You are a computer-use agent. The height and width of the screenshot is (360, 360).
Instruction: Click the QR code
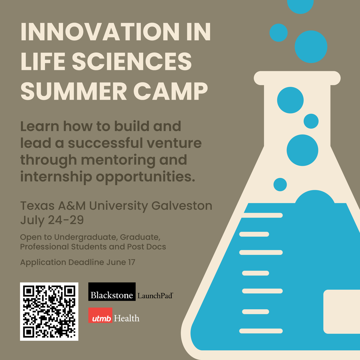click(x=49, y=311)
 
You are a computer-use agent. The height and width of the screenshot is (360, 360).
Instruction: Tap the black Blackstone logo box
click(x=112, y=292)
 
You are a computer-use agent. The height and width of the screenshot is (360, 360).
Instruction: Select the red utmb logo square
click(x=100, y=315)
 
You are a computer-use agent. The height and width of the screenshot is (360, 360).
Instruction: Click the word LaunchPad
click(x=155, y=296)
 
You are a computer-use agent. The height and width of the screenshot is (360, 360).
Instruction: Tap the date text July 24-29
click(x=52, y=220)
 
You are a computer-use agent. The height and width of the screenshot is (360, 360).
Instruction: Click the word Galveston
click(x=182, y=206)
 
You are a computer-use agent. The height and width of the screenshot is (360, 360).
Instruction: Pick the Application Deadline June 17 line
click(x=78, y=262)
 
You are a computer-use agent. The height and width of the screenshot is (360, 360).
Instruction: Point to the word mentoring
click(x=118, y=160)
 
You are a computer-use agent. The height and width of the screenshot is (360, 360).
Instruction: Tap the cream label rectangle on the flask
click(x=341, y=312)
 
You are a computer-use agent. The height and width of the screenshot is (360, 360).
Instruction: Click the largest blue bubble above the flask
click(x=311, y=47)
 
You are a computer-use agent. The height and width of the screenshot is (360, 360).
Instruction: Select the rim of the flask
click(x=297, y=78)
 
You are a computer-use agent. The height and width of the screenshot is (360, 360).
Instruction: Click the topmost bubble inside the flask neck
click(x=290, y=100)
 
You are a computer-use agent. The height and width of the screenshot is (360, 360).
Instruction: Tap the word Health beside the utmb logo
click(x=127, y=318)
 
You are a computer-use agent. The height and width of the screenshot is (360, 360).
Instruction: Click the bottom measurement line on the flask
click(x=261, y=331)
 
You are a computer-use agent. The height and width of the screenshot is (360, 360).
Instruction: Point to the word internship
click(x=56, y=177)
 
